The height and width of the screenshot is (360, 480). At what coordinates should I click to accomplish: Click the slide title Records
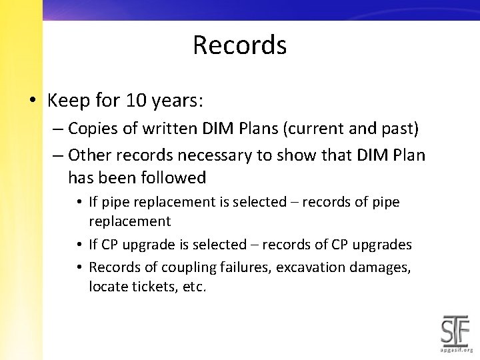(x=239, y=45)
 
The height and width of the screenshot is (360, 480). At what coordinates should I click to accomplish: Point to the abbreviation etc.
(x=193, y=287)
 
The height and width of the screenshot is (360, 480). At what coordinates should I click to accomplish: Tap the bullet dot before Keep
(x=33, y=101)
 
